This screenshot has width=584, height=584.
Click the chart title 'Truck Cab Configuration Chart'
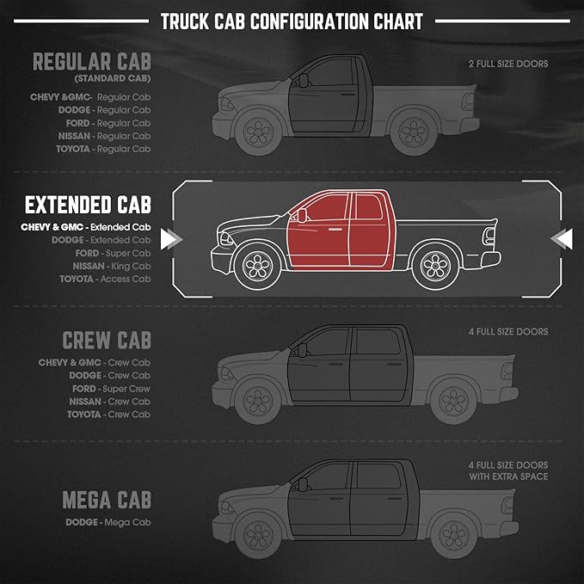pos(292,22)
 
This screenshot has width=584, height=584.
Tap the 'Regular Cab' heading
pos(92,61)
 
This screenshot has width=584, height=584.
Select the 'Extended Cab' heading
pos(88,205)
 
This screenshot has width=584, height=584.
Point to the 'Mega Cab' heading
pos(107,500)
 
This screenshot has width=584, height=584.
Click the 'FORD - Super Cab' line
pos(113,253)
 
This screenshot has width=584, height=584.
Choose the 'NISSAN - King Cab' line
pos(112,266)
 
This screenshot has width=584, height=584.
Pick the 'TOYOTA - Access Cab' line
pos(105,279)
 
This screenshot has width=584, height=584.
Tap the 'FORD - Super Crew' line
pos(111,389)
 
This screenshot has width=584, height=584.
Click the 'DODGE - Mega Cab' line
pos(108,522)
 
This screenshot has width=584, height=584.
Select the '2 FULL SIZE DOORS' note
pos(508,64)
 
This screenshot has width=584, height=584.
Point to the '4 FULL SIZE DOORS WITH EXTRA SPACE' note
pos(508,470)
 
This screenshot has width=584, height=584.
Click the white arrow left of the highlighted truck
pos(171,239)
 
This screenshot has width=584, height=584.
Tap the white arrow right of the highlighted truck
pos(562,239)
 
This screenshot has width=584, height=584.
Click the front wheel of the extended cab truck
pos(257,267)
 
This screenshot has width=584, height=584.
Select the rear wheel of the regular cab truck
pos(414,132)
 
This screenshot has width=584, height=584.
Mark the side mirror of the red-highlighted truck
pos(302,215)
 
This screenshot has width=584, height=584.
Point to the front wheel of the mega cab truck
pos(258,535)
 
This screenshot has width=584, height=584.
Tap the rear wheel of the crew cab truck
pos(453,401)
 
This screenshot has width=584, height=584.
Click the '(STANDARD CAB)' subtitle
pos(113,78)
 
